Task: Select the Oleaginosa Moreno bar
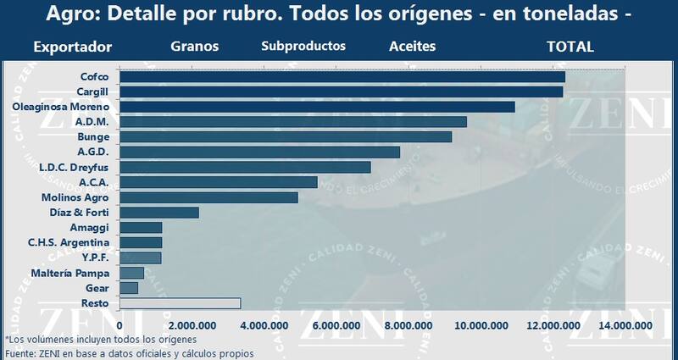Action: click(317, 107)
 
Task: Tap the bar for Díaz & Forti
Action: click(158, 212)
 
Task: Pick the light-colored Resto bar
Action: click(180, 302)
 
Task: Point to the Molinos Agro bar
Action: click(208, 197)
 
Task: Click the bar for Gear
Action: click(129, 288)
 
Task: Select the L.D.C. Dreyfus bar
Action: click(245, 167)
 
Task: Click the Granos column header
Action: click(194, 47)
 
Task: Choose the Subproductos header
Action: click(303, 47)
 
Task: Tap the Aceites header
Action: click(412, 47)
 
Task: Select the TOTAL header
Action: click(570, 47)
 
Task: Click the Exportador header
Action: click(73, 47)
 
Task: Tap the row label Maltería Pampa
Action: click(69, 273)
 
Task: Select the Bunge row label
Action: click(92, 136)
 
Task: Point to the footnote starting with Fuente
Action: click(129, 352)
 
